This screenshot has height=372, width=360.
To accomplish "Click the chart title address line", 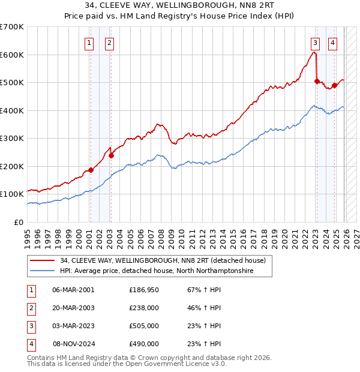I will pyautogui.click(x=180, y=6).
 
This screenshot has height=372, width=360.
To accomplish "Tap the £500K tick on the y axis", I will pyautogui.click(x=12, y=82).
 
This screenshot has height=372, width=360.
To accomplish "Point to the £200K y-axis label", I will pyautogui.click(x=12, y=166).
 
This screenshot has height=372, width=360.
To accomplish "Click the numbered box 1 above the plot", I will pyautogui.click(x=89, y=43).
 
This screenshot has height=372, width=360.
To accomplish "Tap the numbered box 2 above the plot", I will pyautogui.click(x=110, y=43).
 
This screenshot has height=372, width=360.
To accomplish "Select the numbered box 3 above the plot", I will pyautogui.click(x=315, y=43).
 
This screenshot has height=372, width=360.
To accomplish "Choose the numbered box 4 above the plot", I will pyautogui.click(x=332, y=43).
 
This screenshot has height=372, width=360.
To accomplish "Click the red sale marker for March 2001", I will pyautogui.click(x=91, y=170).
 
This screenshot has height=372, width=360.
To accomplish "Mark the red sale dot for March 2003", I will pyautogui.click(x=111, y=155).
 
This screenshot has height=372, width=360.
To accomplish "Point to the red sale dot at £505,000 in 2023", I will pyautogui.click(x=316, y=81).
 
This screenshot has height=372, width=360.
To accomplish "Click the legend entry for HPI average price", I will pyautogui.click(x=156, y=271).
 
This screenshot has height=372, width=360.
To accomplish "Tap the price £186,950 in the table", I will pyautogui.click(x=144, y=290).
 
